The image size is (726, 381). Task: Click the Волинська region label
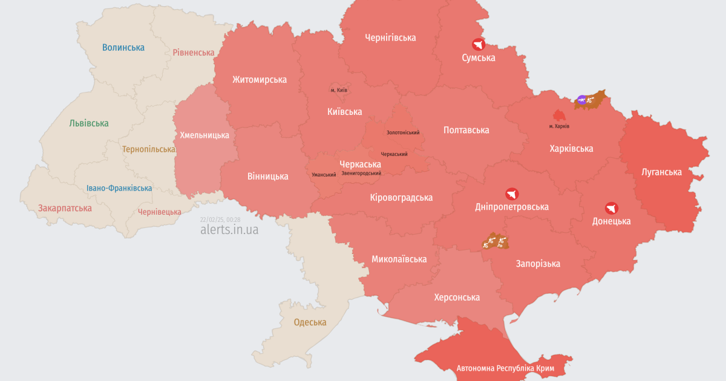(x=123, y=47)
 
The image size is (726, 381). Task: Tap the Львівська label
(x=89, y=123)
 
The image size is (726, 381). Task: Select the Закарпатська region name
(x=65, y=208)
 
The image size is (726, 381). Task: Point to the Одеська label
(x=310, y=322)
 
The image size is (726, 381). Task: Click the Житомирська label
(x=260, y=79)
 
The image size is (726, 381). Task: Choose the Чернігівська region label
(x=390, y=37)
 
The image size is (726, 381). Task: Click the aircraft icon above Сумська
(x=479, y=45)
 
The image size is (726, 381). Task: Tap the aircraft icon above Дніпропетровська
(x=512, y=194)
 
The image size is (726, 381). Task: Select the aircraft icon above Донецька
(x=612, y=208)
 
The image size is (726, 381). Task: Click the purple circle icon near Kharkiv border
(x=581, y=100)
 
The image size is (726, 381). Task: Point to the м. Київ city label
(x=339, y=90)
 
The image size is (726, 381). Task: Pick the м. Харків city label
(x=559, y=126)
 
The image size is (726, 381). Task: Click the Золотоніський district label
(x=403, y=132)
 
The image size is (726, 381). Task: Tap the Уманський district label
(x=324, y=175)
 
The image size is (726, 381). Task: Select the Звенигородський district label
(x=361, y=174)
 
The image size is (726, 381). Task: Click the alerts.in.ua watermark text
(x=229, y=230)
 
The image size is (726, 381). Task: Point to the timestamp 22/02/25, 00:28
(x=220, y=220)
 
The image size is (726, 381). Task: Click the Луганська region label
(x=661, y=172)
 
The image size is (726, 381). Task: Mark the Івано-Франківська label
(x=119, y=188)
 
